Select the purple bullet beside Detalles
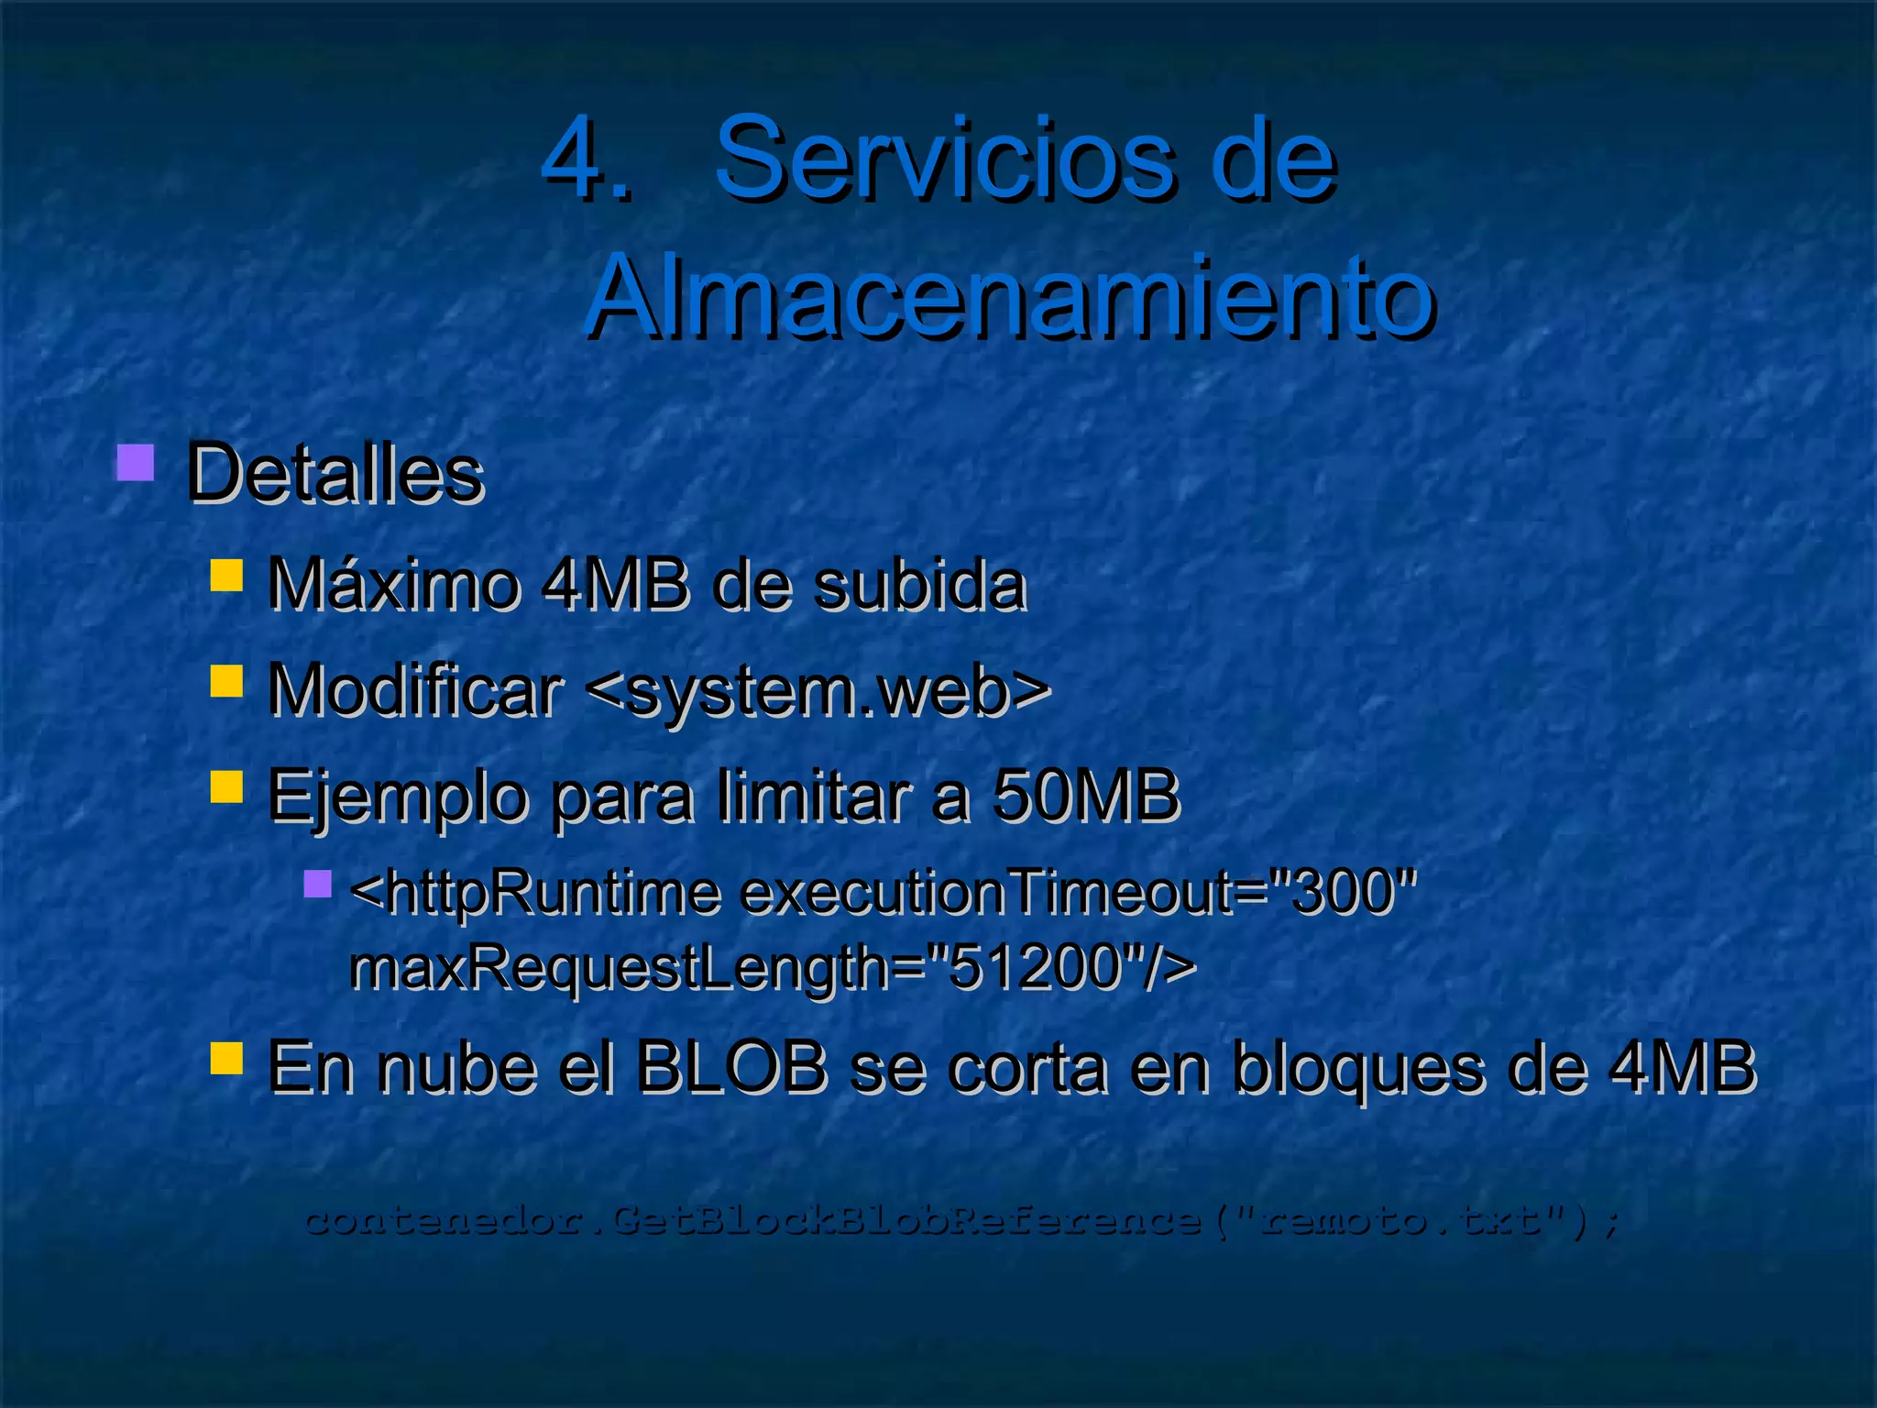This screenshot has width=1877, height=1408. coord(135,463)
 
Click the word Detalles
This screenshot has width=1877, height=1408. coord(335,475)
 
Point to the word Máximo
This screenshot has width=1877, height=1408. coord(392,585)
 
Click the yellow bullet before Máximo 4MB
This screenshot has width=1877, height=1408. coord(226,576)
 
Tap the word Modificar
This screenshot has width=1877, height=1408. coord(414,690)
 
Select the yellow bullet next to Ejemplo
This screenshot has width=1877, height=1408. coord(226,786)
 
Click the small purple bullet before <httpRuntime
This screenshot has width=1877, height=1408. coord(317,884)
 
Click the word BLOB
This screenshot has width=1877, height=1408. coord(730,1068)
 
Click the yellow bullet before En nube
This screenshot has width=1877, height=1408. coord(226,1058)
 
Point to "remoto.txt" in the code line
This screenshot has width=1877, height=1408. coord(1399,1220)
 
